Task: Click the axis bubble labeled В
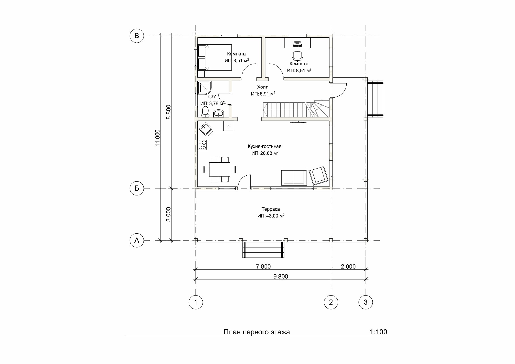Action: click(137, 36)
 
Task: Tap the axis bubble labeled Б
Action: click(137, 188)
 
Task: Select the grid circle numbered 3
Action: click(366, 302)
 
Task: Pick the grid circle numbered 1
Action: click(196, 302)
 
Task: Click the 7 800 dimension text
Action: click(263, 266)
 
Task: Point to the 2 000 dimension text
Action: click(348, 266)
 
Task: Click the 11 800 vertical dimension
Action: click(158, 138)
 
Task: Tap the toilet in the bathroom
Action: click(205, 112)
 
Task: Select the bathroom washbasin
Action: click(218, 113)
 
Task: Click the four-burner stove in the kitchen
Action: click(202, 145)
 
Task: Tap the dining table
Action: click(220, 169)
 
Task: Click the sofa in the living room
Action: click(294, 177)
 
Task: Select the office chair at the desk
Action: click(297, 56)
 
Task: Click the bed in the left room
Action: click(215, 57)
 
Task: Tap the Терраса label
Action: click(271, 209)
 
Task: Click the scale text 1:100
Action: click(378, 332)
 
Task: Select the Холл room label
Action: click(263, 87)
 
